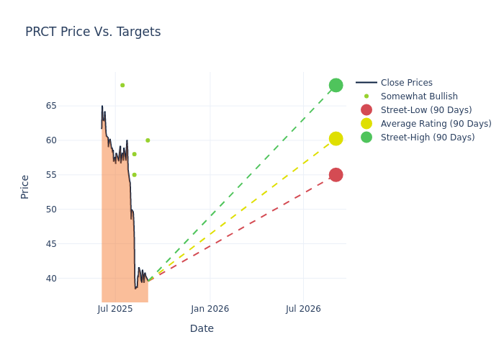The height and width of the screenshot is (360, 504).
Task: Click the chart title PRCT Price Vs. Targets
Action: coord(93,32)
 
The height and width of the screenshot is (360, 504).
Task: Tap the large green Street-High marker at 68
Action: coord(336,85)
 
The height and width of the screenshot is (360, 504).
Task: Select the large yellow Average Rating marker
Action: coord(336,138)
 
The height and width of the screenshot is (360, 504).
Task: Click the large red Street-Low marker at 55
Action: coord(336,175)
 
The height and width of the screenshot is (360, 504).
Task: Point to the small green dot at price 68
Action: coord(122,85)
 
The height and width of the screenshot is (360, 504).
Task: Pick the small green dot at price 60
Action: coord(148,140)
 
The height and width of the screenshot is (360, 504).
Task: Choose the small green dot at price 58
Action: coord(134,154)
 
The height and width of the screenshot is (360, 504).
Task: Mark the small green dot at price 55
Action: coord(134,175)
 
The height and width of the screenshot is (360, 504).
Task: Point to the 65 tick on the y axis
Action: coord(71,106)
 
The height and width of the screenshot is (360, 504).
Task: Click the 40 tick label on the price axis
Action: coord(71,279)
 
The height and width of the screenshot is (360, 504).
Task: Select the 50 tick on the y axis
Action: coord(71,210)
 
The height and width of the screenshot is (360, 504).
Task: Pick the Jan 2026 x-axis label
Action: coord(210,309)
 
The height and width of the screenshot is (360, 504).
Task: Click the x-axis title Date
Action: coord(202,329)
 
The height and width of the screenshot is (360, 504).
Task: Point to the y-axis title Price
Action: coord(25,186)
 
